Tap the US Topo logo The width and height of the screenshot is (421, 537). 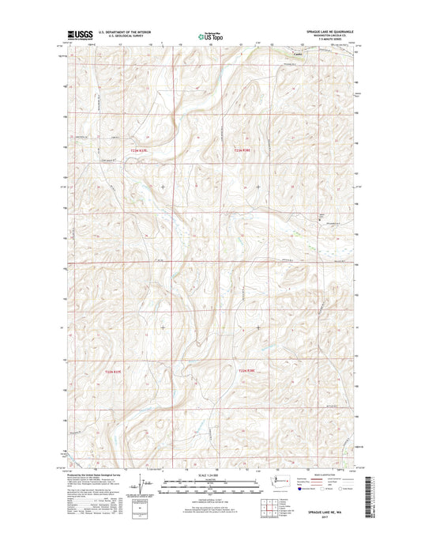[x=209, y=36]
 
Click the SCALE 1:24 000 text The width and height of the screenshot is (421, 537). [x=209, y=473]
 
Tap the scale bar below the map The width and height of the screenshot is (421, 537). [x=209, y=481]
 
